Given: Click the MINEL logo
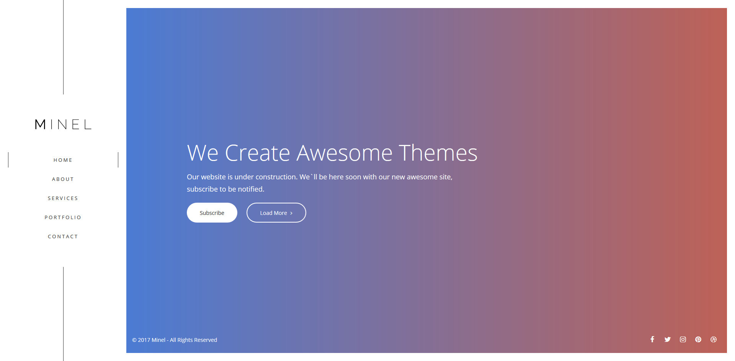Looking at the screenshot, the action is [63, 124].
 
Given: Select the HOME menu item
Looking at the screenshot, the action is [63, 160].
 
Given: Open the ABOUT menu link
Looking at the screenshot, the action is [63, 179].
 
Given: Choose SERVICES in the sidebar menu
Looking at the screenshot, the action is [63, 198].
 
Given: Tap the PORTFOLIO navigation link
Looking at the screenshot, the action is [63, 218].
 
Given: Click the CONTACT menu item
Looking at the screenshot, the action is [63, 237].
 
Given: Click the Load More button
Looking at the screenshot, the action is [276, 213].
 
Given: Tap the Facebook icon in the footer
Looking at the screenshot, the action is [652, 339].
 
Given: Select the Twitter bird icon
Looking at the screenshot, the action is [668, 339].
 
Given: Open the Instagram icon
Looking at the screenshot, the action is [683, 339].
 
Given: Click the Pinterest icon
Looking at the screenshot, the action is [698, 339].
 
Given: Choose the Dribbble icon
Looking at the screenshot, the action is [714, 339].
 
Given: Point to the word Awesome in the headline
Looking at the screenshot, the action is [345, 153].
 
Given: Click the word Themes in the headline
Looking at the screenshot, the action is [438, 153].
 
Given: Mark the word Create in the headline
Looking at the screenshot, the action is [258, 153].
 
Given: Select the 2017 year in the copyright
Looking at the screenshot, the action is [144, 340].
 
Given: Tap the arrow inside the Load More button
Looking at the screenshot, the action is [291, 213].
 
